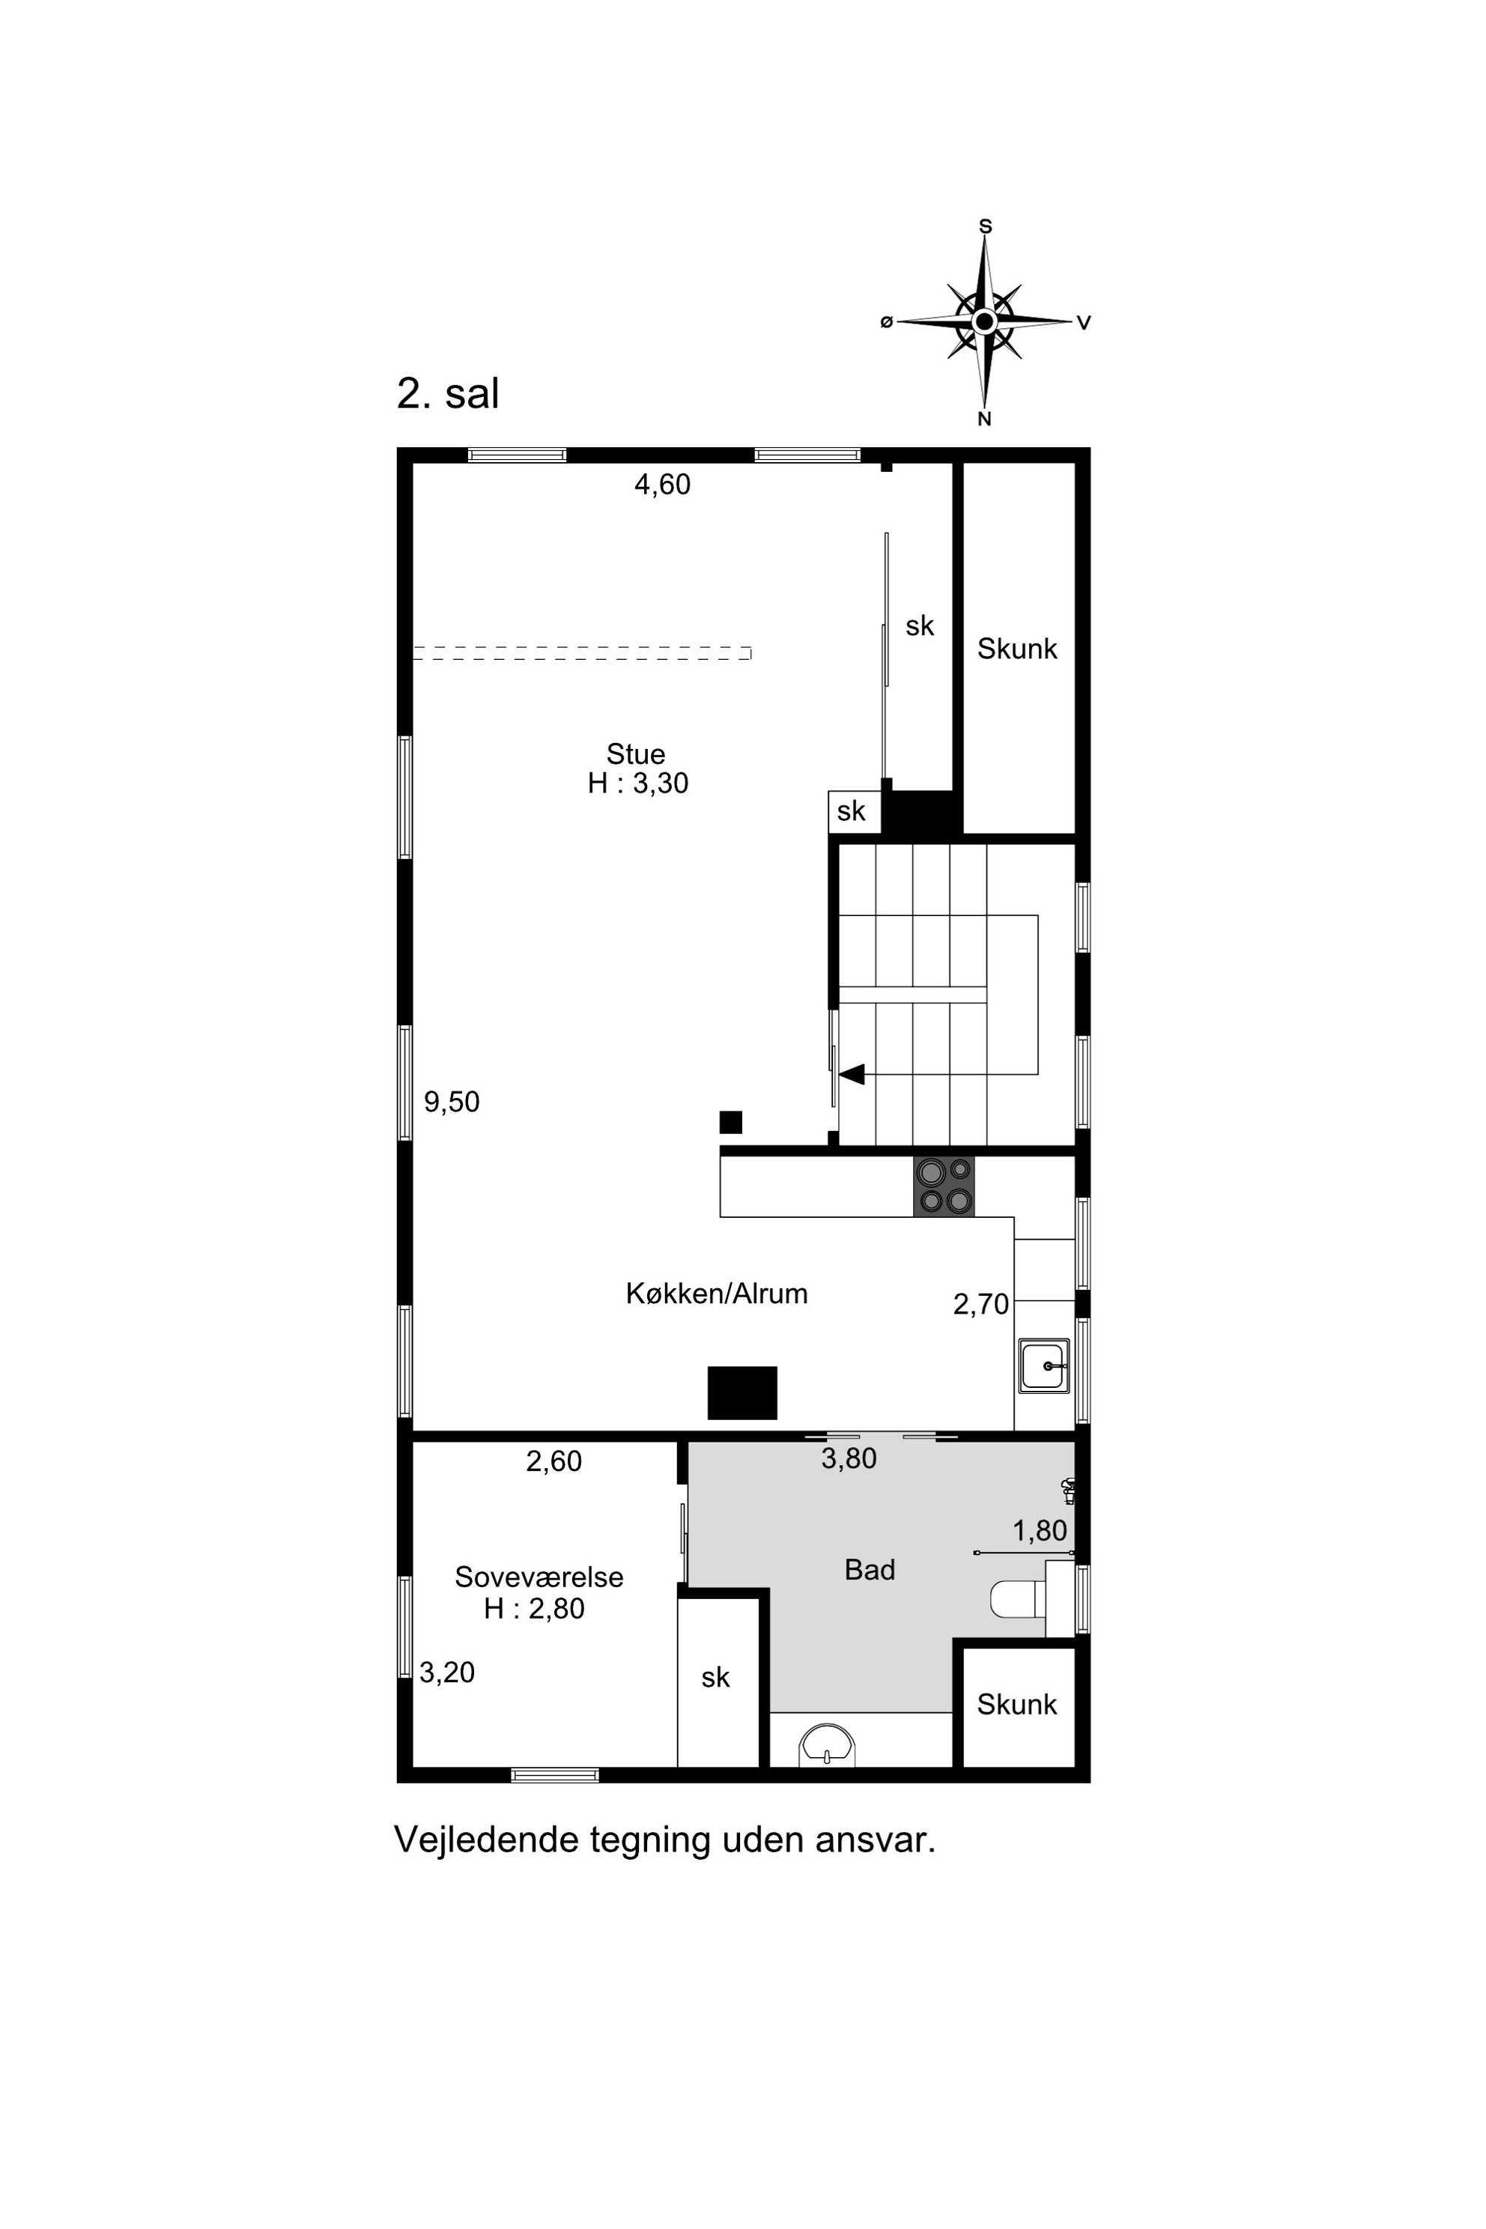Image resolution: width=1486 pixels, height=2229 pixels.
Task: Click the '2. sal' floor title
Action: point(447,393)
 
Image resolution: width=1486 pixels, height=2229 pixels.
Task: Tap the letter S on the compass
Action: point(985,226)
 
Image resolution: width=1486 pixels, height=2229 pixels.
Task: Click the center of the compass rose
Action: point(985,322)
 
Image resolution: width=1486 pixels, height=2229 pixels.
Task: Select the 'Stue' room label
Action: point(636,754)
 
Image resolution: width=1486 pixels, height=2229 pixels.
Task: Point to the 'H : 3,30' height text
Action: point(638,783)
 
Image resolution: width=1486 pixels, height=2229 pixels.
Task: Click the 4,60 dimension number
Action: point(662,485)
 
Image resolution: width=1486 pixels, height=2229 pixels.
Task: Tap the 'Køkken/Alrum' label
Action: point(717,1294)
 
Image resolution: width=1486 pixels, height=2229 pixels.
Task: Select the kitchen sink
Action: point(1043,1365)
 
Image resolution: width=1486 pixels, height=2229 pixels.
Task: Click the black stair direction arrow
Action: point(851,1074)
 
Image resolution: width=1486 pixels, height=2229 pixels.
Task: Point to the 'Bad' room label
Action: point(870,1571)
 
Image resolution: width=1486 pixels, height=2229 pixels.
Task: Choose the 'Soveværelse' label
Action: point(539,1577)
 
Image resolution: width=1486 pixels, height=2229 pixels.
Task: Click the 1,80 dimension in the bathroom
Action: point(1040,1530)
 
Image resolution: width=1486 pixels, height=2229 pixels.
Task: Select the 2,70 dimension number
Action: point(981,1305)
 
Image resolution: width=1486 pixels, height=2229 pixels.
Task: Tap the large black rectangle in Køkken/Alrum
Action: point(743,1393)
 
